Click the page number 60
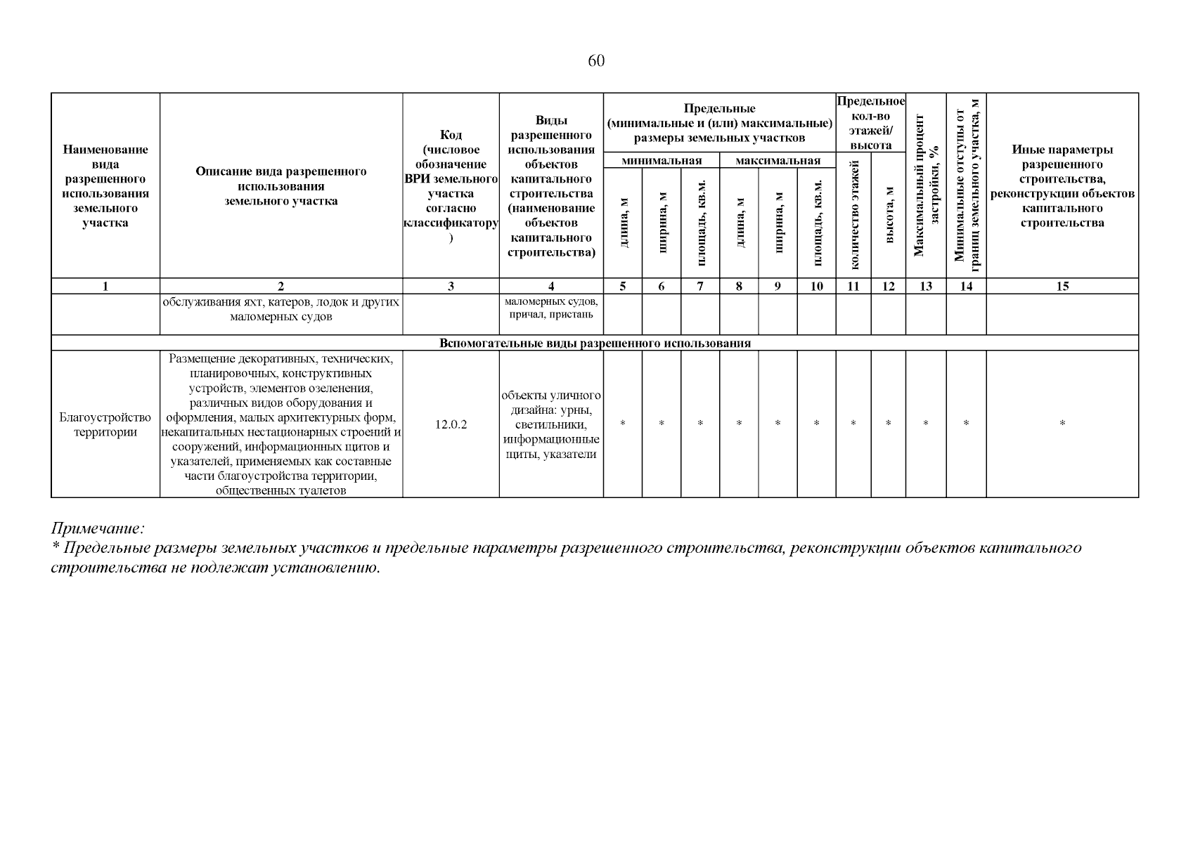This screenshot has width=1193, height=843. point(595,61)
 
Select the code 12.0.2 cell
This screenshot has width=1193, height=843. point(451,424)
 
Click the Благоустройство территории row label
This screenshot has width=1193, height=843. point(105,424)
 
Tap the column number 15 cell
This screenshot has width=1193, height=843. point(1062,286)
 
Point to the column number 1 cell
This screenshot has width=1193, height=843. point(105,286)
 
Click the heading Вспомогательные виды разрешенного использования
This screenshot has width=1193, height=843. point(595,344)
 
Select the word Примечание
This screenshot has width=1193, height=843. point(97,528)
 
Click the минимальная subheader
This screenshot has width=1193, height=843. point(661,161)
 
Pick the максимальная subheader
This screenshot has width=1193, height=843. point(777,161)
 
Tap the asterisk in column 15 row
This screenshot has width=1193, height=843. point(1062,424)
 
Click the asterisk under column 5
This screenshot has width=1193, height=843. point(622,424)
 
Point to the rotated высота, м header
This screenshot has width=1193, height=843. point(889,215)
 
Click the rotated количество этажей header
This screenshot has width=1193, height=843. point(853,215)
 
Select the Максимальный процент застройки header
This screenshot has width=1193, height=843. point(926,185)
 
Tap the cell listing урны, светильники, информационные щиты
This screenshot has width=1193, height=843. point(551,424)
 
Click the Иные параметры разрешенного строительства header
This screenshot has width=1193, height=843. point(1062,185)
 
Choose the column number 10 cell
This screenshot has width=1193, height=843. point(816,286)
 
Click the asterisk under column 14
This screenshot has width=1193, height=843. point(966,424)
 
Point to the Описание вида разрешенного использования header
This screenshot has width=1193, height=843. point(280,185)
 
